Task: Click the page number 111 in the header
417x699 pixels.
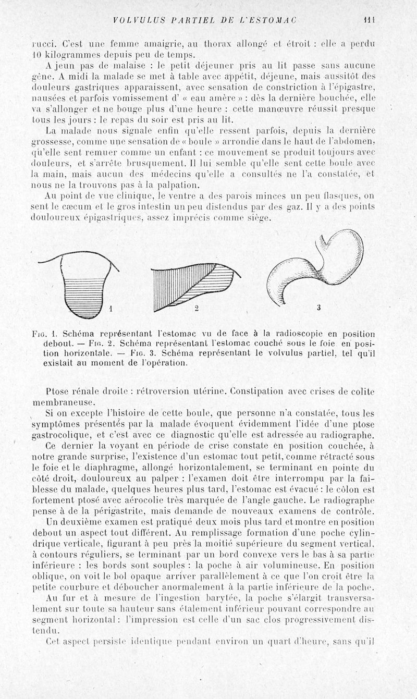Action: click(371, 20)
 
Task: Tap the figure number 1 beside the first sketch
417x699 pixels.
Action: click(111, 309)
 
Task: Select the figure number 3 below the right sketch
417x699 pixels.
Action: click(318, 308)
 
